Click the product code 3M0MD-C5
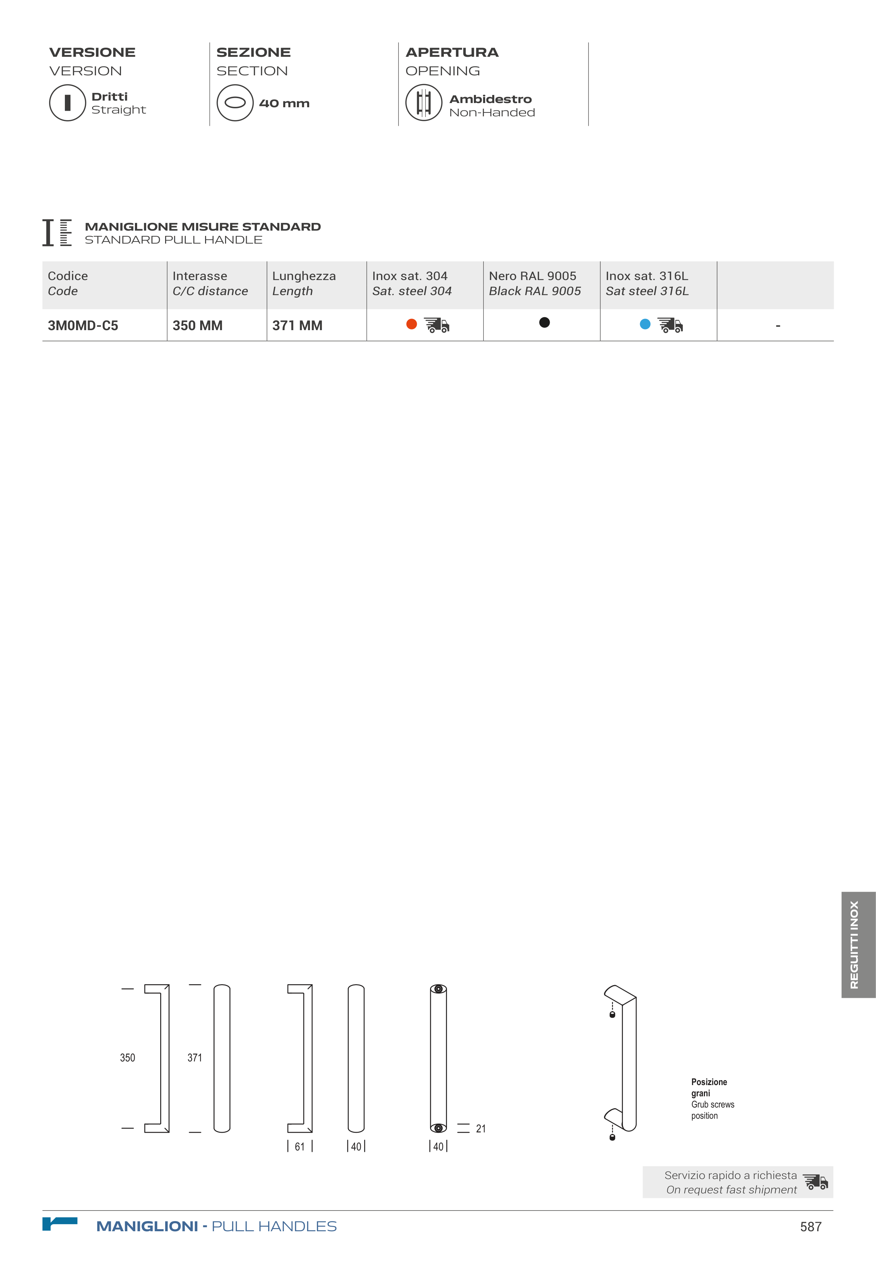click(x=83, y=325)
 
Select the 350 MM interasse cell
click(x=198, y=325)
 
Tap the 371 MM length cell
click(x=297, y=325)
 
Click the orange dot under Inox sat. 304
click(x=412, y=324)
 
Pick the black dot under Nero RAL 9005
click(x=544, y=322)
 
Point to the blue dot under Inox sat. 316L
click(x=645, y=324)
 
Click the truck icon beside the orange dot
click(x=437, y=325)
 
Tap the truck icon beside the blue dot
click(x=670, y=325)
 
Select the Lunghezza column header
click(x=304, y=283)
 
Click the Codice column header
click(x=68, y=283)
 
